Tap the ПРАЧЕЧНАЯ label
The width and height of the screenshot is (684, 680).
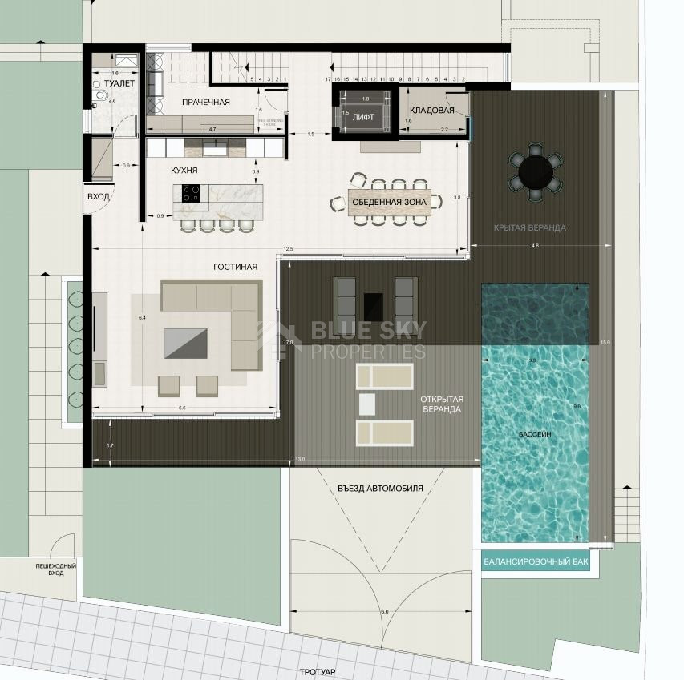click(x=205, y=102)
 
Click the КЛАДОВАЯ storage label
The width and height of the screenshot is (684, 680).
click(x=432, y=110)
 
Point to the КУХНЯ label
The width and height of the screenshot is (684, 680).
click(x=184, y=171)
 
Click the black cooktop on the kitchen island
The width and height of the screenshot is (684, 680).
click(x=192, y=192)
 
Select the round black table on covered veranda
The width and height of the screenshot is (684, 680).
click(x=535, y=171)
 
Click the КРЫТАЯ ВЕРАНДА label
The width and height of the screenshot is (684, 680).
click(x=529, y=227)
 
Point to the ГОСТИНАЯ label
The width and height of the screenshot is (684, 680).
click(x=235, y=267)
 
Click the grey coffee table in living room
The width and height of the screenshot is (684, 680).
click(x=184, y=343)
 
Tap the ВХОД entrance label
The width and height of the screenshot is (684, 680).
click(x=98, y=196)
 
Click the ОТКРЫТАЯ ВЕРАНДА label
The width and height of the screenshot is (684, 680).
click(x=440, y=404)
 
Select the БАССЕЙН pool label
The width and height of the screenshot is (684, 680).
click(x=534, y=433)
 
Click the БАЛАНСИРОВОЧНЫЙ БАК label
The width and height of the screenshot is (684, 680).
click(x=536, y=562)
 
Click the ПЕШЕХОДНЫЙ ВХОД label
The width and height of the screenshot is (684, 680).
click(x=55, y=569)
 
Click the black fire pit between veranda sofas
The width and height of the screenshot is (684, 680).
click(x=374, y=306)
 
